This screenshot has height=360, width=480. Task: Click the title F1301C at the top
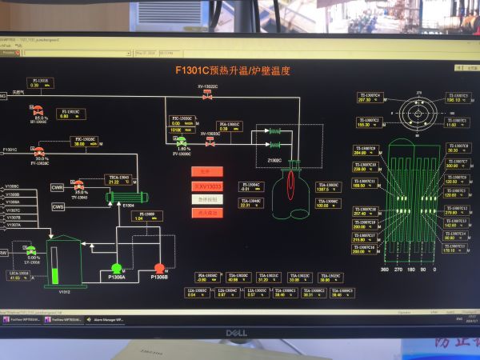tap(232, 70)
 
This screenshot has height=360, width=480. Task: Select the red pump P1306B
tap(158, 268)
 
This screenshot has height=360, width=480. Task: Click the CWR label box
tap(58, 187)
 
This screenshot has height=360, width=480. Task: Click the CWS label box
tap(58, 206)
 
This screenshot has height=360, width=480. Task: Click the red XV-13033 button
tap(206, 186)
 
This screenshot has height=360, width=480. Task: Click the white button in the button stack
tap(206, 199)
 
